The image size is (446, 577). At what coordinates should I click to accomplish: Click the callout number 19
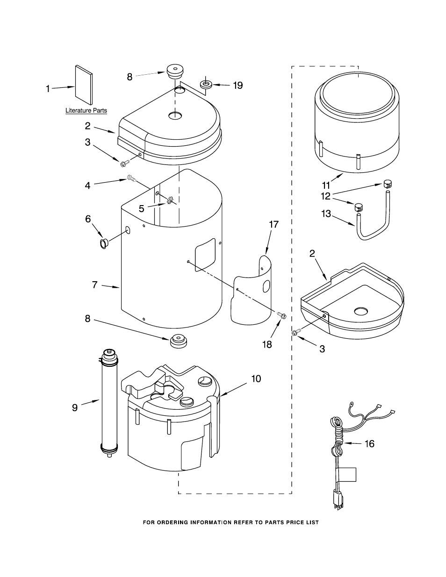coord(238,85)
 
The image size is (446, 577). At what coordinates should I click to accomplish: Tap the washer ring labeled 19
coord(206,85)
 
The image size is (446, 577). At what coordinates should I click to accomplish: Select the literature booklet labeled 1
coord(84,85)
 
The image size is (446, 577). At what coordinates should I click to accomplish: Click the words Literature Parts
coord(86,110)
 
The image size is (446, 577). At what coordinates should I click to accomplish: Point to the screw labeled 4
coord(131,178)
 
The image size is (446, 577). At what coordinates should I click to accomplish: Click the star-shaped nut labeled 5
coord(170,201)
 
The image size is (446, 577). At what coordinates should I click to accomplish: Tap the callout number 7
coord(95,285)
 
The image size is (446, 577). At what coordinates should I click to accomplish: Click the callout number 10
coord(256,378)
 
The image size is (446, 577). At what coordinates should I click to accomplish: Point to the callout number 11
coord(326,185)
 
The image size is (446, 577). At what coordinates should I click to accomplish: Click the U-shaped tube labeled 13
coord(372,219)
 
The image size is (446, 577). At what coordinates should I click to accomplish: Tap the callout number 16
coord(369,443)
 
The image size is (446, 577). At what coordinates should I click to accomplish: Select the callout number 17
coord(273,224)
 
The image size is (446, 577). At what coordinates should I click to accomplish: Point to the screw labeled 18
coord(282,315)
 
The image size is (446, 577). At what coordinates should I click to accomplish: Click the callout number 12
coord(326,196)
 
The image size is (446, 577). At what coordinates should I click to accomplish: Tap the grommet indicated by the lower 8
coord(178,341)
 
